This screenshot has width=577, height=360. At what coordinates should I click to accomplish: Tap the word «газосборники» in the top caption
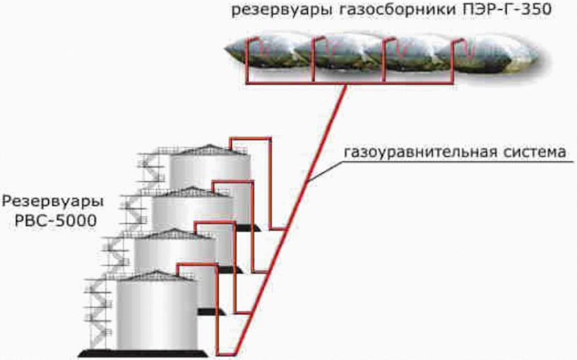369,11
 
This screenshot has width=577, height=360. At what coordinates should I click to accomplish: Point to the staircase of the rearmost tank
153,169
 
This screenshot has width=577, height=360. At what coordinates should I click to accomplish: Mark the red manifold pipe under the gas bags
339,83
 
